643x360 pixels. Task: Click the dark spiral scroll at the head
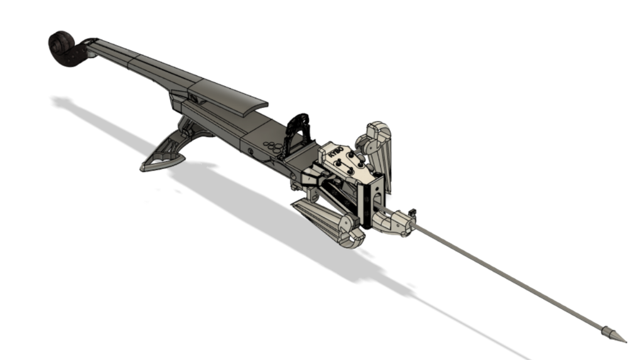[x=62, y=45]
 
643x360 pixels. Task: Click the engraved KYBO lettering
[x=335, y=153]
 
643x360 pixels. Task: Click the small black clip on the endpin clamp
[x=412, y=211]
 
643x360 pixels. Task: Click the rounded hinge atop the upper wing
[x=376, y=131]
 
